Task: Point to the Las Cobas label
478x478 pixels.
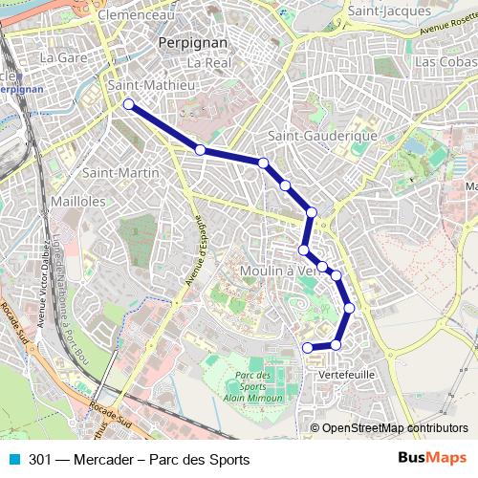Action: click(x=445, y=60)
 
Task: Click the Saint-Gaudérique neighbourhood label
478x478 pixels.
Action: click(x=322, y=136)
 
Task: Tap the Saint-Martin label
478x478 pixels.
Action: click(x=120, y=173)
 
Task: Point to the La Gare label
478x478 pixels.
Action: click(x=63, y=57)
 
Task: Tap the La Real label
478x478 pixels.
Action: click(x=209, y=62)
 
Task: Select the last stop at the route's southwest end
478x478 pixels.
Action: click(x=307, y=347)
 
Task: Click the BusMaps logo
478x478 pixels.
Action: click(x=432, y=459)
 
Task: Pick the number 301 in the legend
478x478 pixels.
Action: click(x=40, y=459)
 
